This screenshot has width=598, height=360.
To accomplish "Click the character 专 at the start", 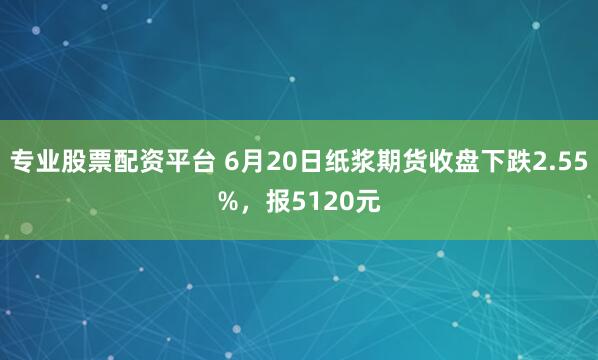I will coord(23,163).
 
